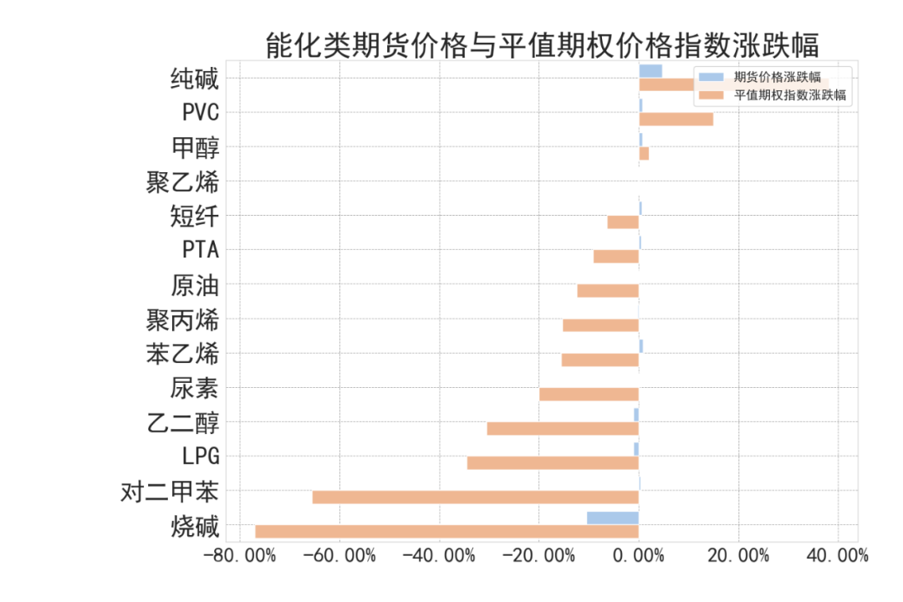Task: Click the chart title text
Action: [542, 44]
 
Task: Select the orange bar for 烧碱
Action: [446, 531]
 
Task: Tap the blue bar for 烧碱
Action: [612, 518]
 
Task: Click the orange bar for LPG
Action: [553, 462]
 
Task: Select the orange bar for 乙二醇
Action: [563, 428]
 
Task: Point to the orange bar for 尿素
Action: [589, 394]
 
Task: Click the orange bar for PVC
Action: [676, 120]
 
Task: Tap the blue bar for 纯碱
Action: [650, 71]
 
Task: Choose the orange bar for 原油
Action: [608, 291]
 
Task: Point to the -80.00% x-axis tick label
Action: [240, 556]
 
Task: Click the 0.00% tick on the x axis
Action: [639, 556]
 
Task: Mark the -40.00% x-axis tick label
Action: [440, 556]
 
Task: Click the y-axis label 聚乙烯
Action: [182, 181]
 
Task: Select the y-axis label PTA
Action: [200, 250]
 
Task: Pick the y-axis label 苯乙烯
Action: [182, 354]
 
